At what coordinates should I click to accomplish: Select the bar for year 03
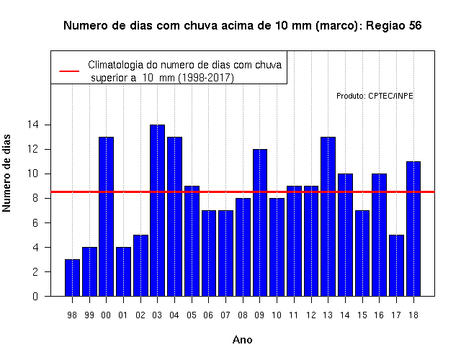[157, 210]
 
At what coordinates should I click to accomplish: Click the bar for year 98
[72, 278]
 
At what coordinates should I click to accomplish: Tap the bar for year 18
[413, 229]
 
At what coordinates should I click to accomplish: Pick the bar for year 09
[260, 222]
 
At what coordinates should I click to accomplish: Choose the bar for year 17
[396, 266]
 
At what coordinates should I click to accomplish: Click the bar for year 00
[107, 217]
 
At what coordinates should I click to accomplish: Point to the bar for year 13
[328, 217]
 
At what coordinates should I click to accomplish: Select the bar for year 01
[123, 272]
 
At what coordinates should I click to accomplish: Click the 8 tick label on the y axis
[35, 199]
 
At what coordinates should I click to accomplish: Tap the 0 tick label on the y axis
[35, 296]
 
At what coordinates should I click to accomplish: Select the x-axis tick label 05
[192, 315]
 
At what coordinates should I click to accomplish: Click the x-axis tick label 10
[277, 315]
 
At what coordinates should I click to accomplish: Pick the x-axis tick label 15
[362, 315]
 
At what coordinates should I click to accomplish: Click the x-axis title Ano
[243, 340]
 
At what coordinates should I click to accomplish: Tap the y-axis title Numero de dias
[6, 174]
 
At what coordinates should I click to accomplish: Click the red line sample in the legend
[69, 71]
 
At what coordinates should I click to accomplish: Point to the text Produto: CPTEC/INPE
[375, 96]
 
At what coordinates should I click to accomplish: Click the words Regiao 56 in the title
[394, 26]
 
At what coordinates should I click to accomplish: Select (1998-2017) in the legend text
[206, 78]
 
